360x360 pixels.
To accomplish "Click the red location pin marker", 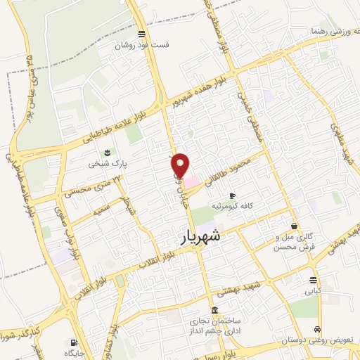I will pyautogui.click(x=181, y=165).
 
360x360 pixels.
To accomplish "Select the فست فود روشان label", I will pyautogui.click(x=143, y=46).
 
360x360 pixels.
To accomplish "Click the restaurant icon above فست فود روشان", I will pyautogui.click(x=143, y=34).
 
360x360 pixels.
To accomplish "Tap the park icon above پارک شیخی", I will pyautogui.click(x=106, y=152).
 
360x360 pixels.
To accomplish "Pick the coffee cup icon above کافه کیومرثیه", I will pyautogui.click(x=232, y=195).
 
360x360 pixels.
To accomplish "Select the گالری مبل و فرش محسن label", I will pyautogui.click(x=295, y=242).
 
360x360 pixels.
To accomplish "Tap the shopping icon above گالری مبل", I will pyautogui.click(x=293, y=226).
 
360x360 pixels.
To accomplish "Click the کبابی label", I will pyautogui.click(x=311, y=290).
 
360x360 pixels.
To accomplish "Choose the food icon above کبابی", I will pyautogui.click(x=312, y=278).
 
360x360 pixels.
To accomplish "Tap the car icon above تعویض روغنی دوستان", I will pyautogui.click(x=319, y=329).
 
